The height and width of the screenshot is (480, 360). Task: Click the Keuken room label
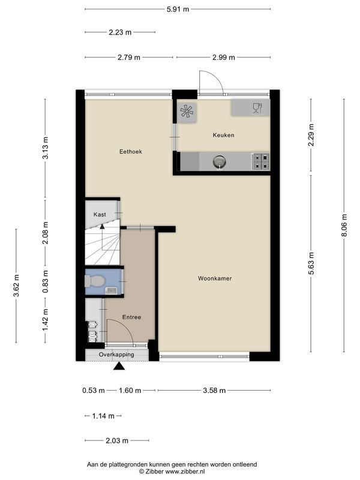point(223,135)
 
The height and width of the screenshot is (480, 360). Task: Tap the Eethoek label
point(130,152)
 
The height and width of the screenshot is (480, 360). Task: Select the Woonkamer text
point(215,278)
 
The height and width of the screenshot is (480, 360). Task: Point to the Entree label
point(131,317)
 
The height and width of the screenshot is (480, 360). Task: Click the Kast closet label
point(100,214)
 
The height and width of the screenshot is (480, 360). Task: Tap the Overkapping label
point(116,355)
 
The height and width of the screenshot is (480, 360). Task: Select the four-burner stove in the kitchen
point(260,161)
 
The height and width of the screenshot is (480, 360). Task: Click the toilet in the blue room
point(95,280)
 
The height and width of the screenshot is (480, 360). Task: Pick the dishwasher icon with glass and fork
point(257,108)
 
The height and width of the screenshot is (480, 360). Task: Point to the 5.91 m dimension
point(177,9)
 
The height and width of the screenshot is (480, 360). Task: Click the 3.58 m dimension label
point(214,391)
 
